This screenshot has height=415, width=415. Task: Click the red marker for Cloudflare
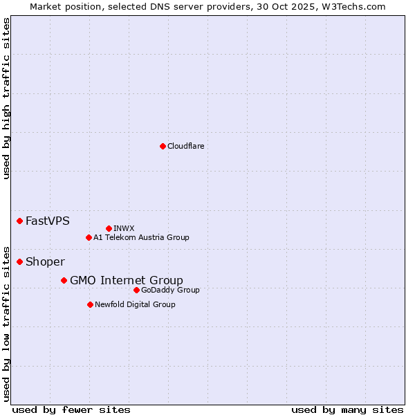coord(163,146)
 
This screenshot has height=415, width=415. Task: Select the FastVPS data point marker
coord(19,221)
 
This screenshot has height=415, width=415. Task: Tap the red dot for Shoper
coord(19,261)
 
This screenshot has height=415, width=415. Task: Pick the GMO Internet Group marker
coord(64,280)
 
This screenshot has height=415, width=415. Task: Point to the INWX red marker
coord(109,228)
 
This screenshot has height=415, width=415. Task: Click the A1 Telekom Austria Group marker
coord(89,237)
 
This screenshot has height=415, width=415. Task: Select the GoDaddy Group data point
coord(136,290)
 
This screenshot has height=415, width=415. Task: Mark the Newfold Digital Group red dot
coord(90,304)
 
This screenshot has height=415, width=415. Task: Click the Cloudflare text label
coord(185,146)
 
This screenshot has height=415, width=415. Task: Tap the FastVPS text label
coord(47,221)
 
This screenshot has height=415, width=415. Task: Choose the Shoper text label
coord(45,262)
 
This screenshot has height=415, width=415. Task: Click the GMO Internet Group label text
coord(127,281)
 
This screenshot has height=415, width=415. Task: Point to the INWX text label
coord(124,228)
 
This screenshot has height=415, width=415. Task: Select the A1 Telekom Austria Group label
coord(141,238)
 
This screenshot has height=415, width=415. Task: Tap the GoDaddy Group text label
coord(170,290)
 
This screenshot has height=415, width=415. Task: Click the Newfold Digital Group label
coord(135,305)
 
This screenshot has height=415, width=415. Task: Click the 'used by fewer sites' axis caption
coord(71,409)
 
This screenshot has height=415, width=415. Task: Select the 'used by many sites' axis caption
coord(347,409)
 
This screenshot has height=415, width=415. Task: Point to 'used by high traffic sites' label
coord(6,98)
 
